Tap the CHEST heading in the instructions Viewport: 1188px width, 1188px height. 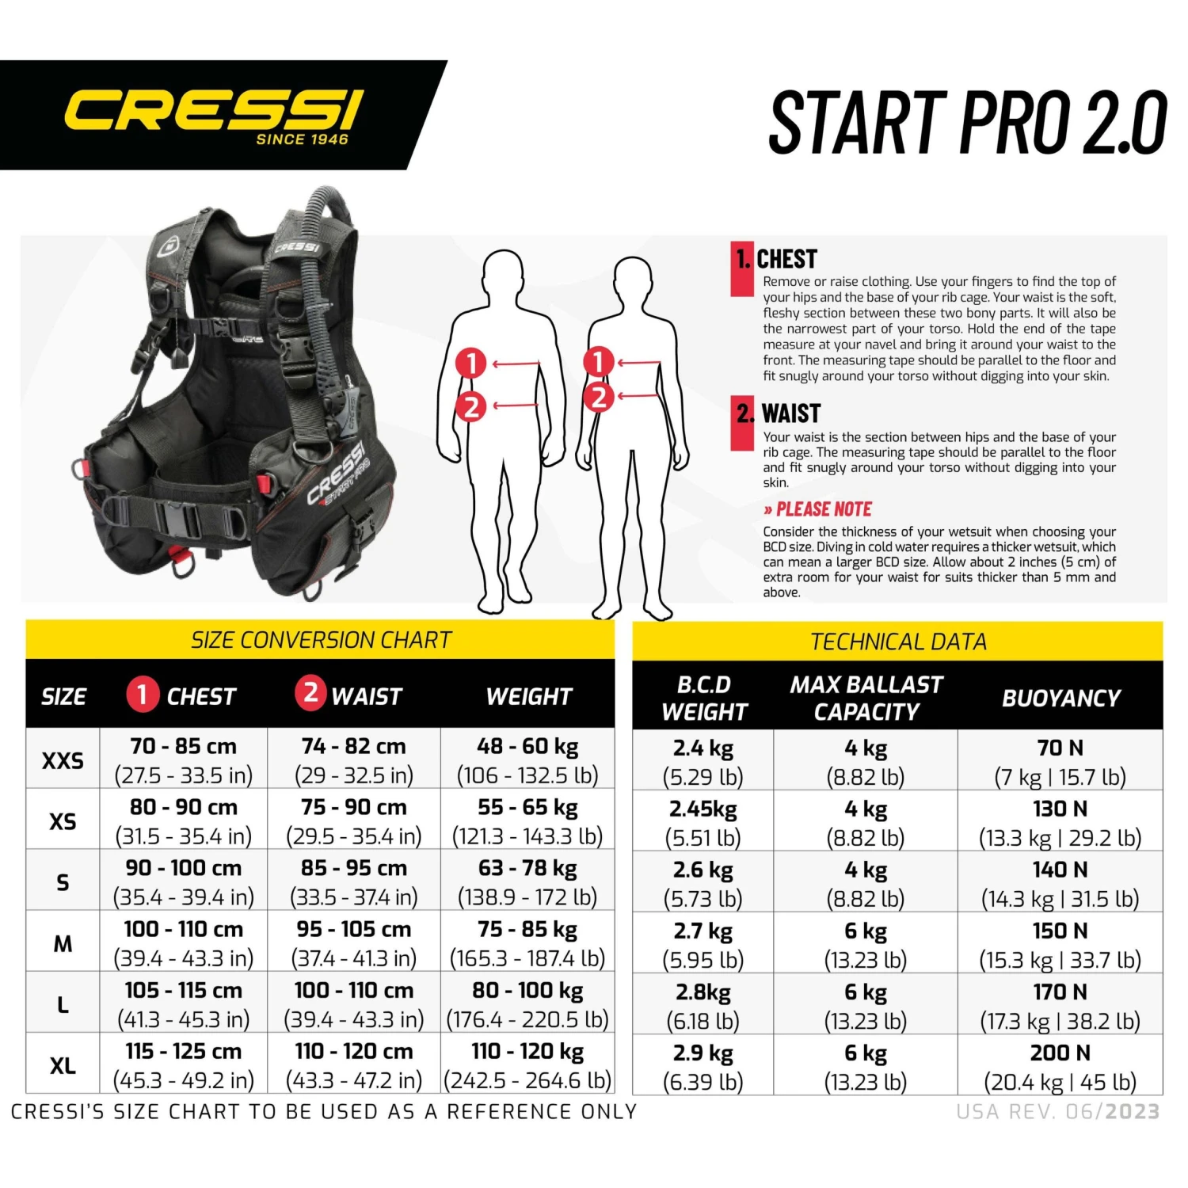(x=786, y=259)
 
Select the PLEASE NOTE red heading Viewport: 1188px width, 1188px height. (x=823, y=509)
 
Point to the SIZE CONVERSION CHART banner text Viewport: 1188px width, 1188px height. (x=321, y=640)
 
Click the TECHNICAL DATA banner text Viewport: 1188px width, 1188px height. (x=898, y=642)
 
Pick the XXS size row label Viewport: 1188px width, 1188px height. (x=63, y=760)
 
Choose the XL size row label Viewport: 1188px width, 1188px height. (x=63, y=1065)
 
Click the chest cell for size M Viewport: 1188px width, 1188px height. (x=184, y=943)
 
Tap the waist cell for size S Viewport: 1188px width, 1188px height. (x=354, y=882)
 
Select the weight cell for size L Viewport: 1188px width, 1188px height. (x=527, y=1004)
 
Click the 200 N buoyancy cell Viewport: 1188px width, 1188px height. (x=1060, y=1067)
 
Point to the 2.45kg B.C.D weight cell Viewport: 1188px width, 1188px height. (x=703, y=822)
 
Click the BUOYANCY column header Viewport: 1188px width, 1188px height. (x=1060, y=698)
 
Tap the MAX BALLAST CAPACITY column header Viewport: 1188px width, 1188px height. (x=866, y=698)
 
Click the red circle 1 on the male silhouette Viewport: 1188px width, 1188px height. (x=471, y=364)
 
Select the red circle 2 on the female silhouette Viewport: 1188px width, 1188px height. (x=599, y=397)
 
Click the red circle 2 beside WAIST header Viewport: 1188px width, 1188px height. (x=310, y=693)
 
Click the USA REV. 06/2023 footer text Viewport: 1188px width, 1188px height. (x=1058, y=1112)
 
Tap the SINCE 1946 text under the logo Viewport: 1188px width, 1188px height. (x=302, y=139)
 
